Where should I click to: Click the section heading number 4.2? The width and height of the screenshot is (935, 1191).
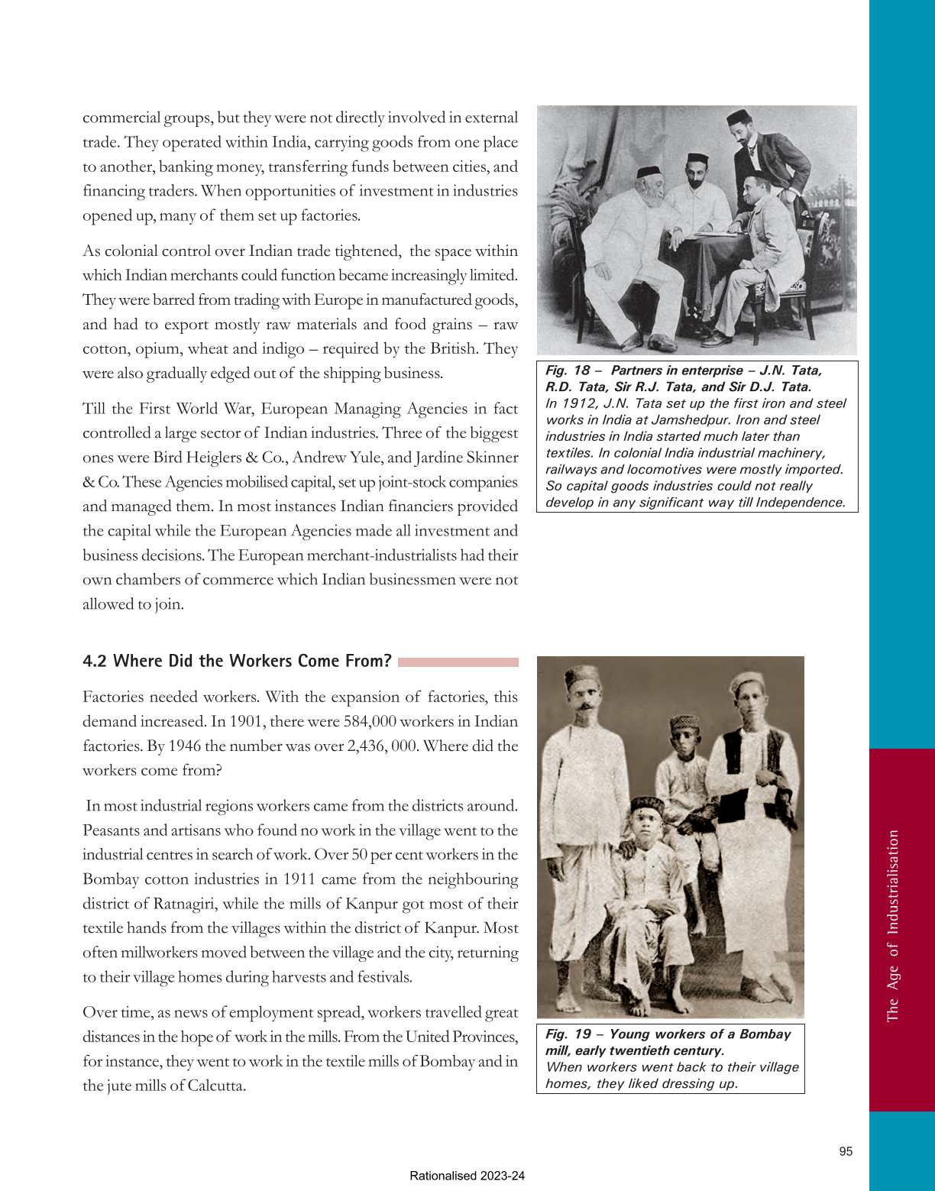point(95,661)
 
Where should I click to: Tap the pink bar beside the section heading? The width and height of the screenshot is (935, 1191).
point(458,662)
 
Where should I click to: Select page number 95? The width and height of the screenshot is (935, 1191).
point(846,1151)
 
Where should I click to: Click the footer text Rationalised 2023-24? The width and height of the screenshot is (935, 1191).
point(467,1176)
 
